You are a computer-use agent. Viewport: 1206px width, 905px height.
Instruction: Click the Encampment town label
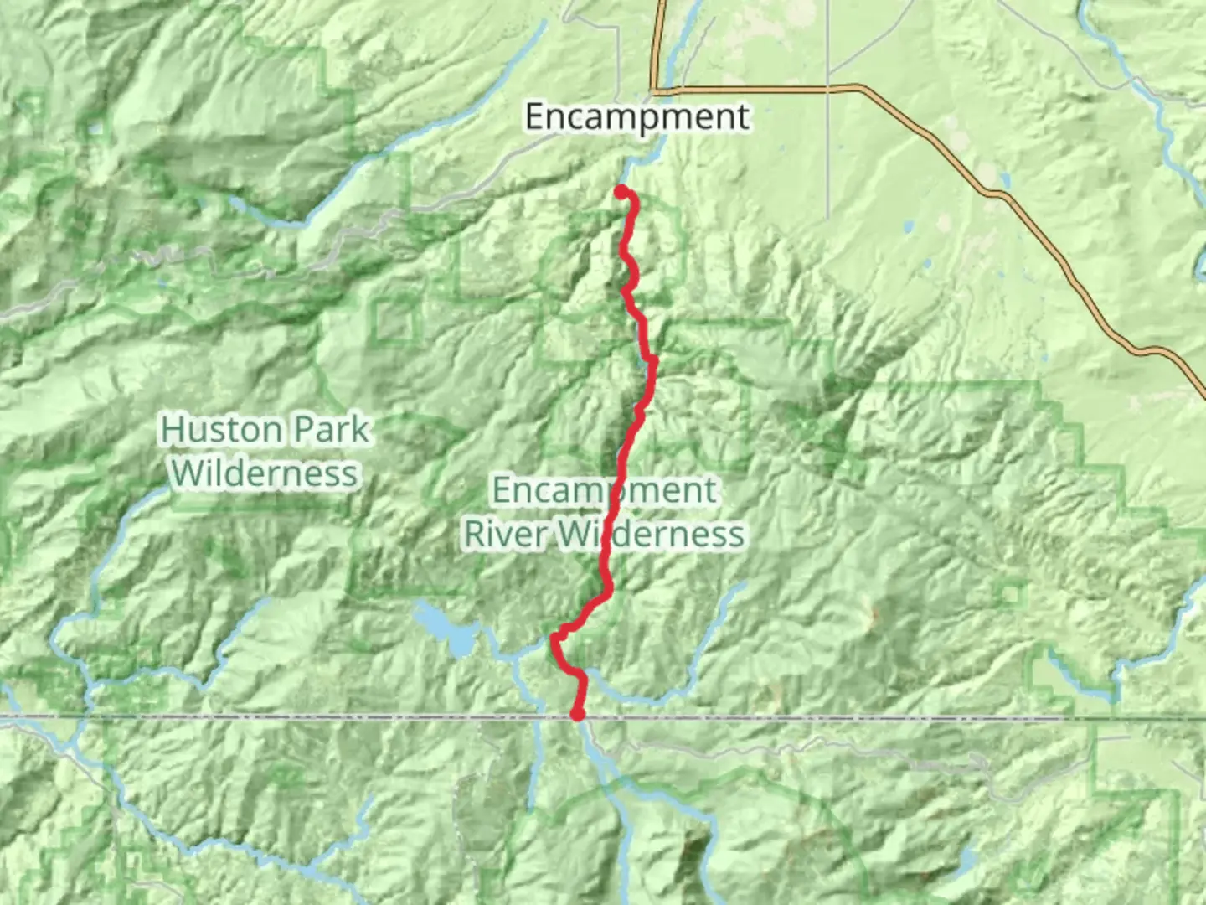[636, 116]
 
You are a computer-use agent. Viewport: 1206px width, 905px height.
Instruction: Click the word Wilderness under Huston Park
[265, 473]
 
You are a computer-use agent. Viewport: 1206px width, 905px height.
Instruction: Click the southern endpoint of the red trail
[577, 715]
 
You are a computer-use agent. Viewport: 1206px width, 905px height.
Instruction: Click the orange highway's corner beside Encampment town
[657, 89]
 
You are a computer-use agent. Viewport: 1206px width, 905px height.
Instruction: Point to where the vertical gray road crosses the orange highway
[828, 86]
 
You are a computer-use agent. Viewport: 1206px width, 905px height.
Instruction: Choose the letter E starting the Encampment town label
[536, 116]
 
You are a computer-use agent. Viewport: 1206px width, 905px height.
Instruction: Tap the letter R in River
[475, 534]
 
